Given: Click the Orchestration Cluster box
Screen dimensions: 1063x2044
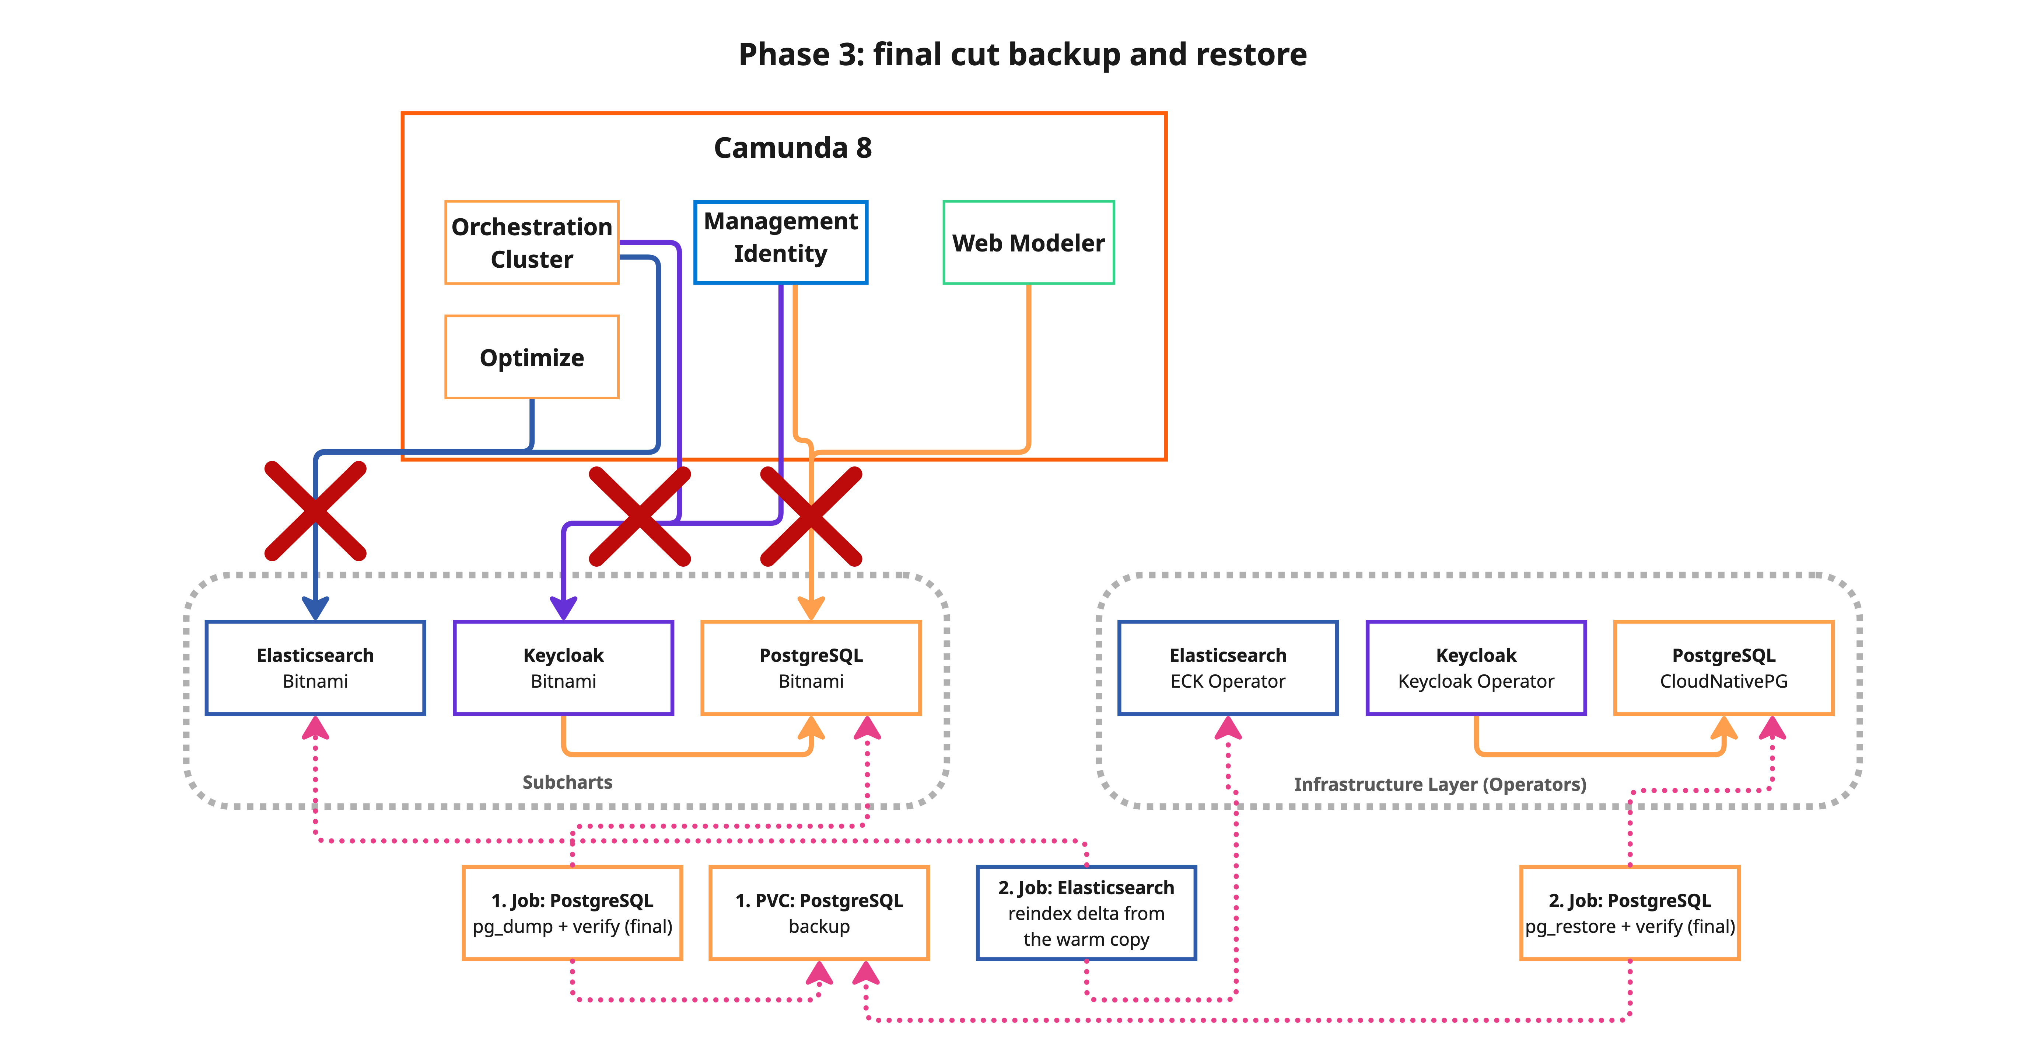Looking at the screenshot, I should point(532,243).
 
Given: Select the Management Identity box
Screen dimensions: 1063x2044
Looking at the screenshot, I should point(781,242).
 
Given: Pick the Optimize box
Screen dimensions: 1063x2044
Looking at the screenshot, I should point(532,357).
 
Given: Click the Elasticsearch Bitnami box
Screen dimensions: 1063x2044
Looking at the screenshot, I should point(315,668).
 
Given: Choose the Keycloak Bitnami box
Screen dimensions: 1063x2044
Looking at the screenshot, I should point(563,668).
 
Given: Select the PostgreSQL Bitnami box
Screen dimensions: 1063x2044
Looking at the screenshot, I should point(811,668).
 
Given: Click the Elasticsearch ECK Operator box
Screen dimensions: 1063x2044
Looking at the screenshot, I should point(1228,668).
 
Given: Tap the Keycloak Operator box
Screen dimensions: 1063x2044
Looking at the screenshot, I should point(1476,668).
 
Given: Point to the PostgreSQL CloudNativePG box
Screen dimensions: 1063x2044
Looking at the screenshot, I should point(1723,668).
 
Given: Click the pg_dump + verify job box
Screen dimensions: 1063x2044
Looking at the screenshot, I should point(572,913).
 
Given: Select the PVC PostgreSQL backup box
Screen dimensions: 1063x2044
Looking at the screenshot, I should point(819,913).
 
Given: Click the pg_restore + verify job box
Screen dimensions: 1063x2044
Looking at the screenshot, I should point(1630,913).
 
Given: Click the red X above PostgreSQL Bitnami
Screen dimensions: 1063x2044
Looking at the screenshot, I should point(811,516).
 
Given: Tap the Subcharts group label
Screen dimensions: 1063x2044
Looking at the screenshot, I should point(567,782).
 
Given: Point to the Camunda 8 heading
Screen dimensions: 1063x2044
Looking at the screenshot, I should point(793,147).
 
